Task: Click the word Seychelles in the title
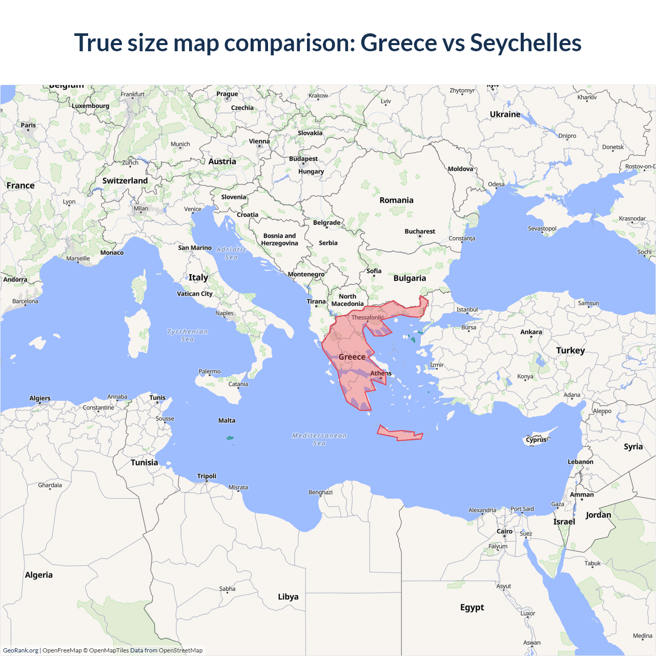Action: point(525,43)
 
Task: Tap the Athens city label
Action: point(381,373)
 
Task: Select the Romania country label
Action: point(396,200)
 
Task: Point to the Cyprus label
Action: point(536,440)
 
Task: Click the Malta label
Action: point(227,421)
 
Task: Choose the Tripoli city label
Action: point(207,476)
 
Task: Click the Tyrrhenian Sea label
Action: point(188,335)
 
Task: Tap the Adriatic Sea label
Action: point(231,253)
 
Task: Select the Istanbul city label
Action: point(467,310)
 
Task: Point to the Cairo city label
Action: point(504,531)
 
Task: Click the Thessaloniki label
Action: point(367,318)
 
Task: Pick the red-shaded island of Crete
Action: point(400,434)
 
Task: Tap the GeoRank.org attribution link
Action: point(20,650)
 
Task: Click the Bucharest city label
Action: point(420,232)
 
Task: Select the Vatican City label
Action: point(194,294)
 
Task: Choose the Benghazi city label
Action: point(320,493)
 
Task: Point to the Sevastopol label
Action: point(542,229)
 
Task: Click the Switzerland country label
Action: point(125,181)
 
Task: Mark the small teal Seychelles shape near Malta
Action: point(230,438)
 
